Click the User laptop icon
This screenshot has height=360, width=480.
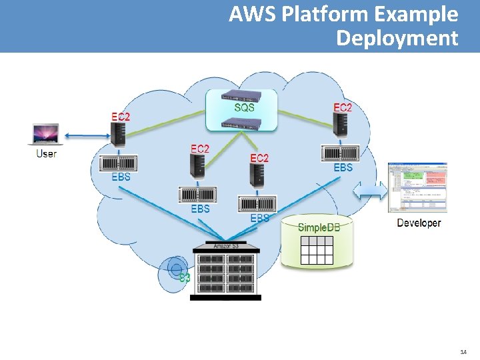pyautogui.click(x=45, y=134)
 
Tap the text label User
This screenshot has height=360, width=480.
pyautogui.click(x=46, y=154)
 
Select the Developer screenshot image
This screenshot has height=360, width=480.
pyautogui.click(x=417, y=188)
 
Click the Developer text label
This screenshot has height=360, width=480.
pyautogui.click(x=419, y=223)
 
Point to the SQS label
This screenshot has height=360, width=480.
pyautogui.click(x=244, y=107)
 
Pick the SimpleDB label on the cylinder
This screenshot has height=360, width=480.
pyautogui.click(x=319, y=227)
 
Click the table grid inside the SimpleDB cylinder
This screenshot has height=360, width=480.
pyautogui.click(x=317, y=251)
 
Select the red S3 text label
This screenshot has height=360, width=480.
pyautogui.click(x=185, y=279)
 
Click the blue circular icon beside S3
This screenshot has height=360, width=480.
pyautogui.click(x=176, y=269)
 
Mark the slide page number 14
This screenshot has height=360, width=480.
pyautogui.click(x=463, y=351)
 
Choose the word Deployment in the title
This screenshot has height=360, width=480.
pyautogui.click(x=397, y=38)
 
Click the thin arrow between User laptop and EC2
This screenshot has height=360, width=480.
pyautogui.click(x=86, y=136)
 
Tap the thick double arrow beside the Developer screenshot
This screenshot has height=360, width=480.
pyautogui.click(x=373, y=191)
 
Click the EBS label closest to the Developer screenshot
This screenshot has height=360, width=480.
pyautogui.click(x=343, y=168)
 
